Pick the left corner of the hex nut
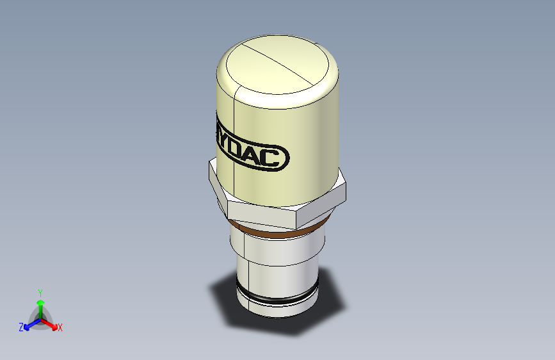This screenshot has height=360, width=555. click(211, 172)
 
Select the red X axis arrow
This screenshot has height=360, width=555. click(51, 323)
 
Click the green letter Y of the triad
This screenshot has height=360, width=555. click(40, 291)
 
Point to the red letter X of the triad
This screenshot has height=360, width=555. click(60, 327)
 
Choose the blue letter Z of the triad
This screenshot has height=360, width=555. click(21, 327)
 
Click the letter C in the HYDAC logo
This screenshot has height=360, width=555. click(278, 158)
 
